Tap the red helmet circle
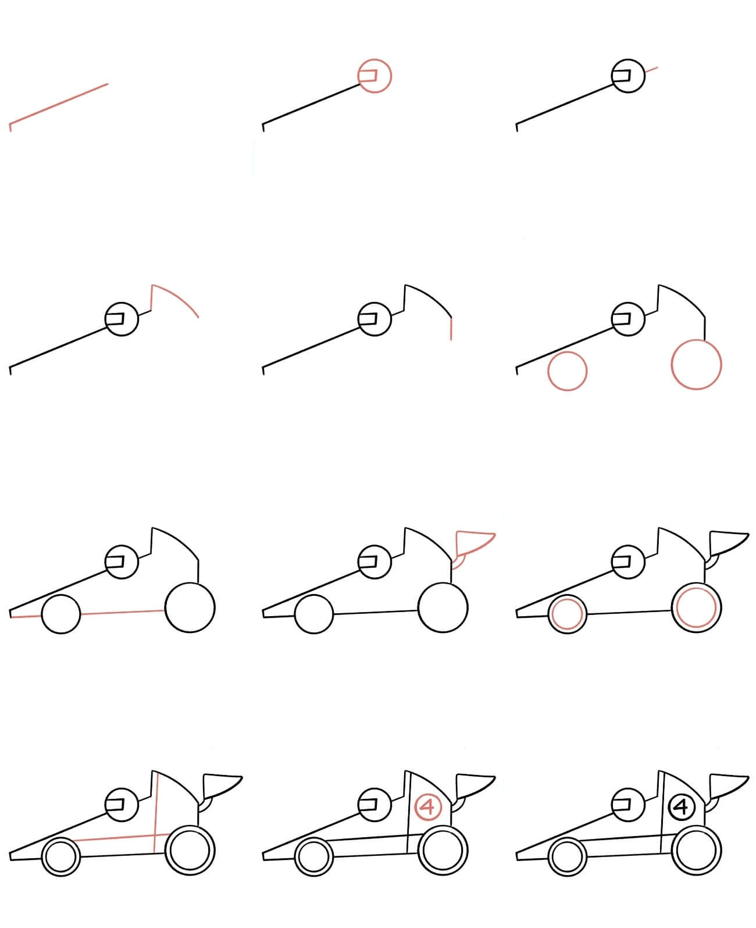pos(375,59)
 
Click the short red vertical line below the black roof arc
pos(451,329)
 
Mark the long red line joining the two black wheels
pos(123,613)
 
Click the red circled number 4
pos(429,808)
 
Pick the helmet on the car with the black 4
pos(628,805)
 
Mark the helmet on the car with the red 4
pos(375,805)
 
